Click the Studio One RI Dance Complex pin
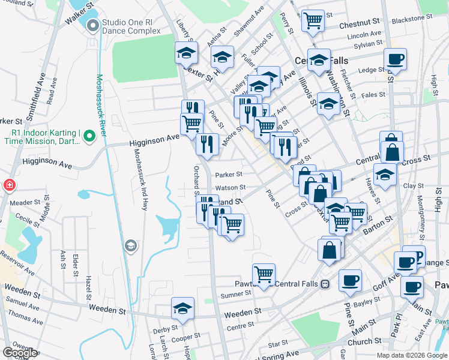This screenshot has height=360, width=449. (92, 26)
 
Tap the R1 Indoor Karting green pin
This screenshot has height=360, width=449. (89, 136)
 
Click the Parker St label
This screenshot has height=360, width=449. (228, 175)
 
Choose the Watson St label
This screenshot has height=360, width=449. (228, 188)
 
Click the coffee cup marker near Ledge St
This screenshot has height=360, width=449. (395, 60)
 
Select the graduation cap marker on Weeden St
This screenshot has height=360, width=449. (182, 308)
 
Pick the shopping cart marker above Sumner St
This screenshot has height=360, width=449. (263, 275)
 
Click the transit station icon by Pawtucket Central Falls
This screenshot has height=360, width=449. (325, 284)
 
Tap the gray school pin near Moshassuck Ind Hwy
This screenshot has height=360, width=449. (130, 246)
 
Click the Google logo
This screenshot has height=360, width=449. (20, 353)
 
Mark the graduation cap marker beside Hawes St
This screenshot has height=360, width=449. (385, 175)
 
